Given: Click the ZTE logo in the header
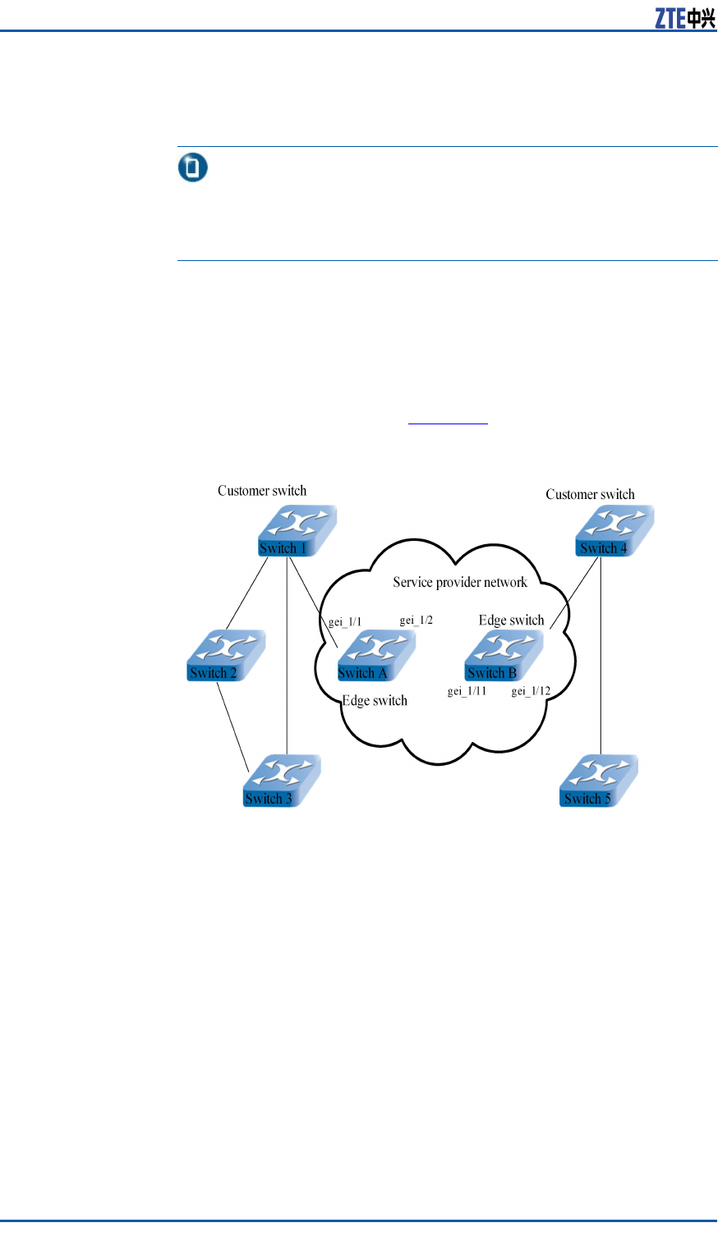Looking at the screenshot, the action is coord(685,18).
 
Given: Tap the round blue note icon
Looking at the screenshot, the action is coord(193,167).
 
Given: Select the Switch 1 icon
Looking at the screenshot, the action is coord(297,531).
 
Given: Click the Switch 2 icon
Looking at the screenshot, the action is coord(226,656).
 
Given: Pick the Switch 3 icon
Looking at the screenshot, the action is coord(283,781).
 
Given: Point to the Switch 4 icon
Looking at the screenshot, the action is coord(614,531).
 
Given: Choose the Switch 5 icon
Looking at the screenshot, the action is coord(599,781).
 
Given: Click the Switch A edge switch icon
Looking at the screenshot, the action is coord(376,656).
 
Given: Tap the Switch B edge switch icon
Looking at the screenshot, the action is coord(504,656).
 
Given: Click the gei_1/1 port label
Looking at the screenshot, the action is coord(345,622).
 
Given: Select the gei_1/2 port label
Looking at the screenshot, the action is coord(417,620).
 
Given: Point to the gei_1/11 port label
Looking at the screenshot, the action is coord(467,691).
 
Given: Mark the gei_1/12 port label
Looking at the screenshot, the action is coord(532,691).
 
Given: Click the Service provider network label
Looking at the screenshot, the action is coord(460,582).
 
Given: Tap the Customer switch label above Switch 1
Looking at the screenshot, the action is coord(262,491).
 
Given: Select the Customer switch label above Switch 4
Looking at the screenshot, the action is coord(590,494).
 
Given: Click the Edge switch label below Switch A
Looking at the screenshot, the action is coord(375,701).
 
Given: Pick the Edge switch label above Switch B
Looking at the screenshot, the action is coord(512,620).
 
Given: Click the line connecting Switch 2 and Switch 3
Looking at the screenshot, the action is coord(232,727).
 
